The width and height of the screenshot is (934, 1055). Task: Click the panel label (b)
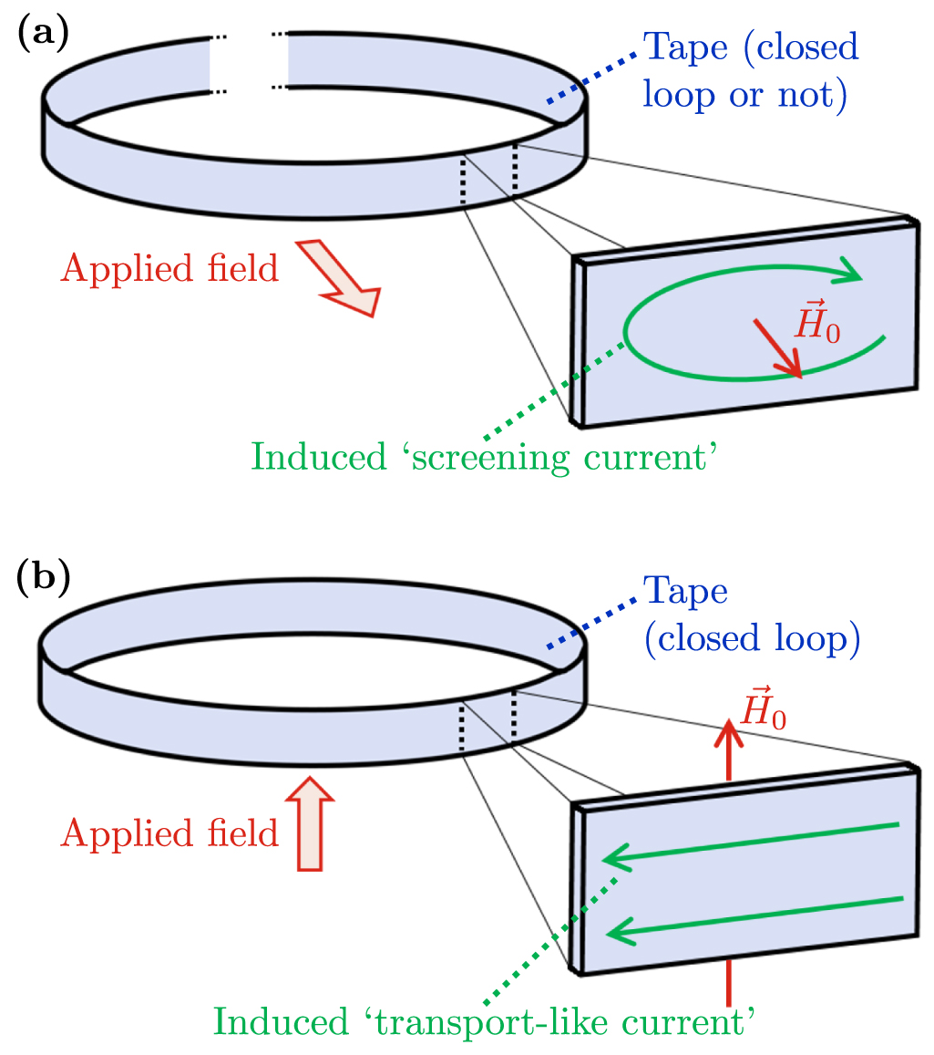44,581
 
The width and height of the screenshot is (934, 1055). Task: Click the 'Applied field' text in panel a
169,268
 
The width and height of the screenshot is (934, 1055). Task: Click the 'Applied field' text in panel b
169,833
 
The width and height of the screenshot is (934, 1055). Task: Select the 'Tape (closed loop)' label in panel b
751,615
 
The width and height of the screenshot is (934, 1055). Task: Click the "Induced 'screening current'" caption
480,456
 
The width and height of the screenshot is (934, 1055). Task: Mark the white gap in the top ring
249,62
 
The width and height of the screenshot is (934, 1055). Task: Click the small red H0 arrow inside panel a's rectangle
777,347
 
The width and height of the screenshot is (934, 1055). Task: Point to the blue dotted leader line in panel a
590,76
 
